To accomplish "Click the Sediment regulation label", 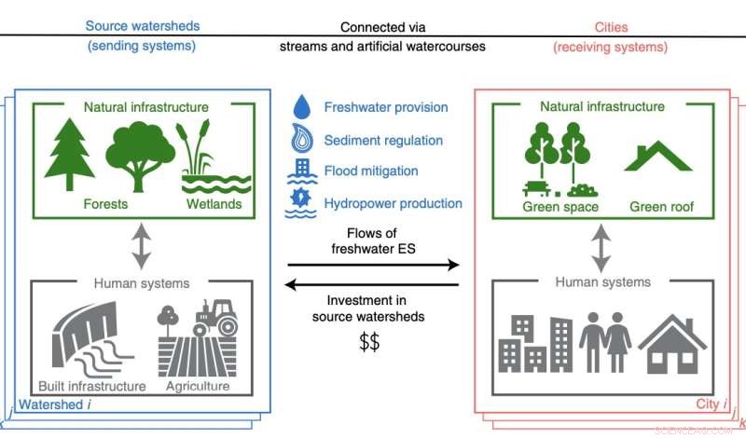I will [385, 140].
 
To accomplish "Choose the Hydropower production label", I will [393, 203].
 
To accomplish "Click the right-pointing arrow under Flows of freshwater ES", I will [373, 266].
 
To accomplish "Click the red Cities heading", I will [609, 27].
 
